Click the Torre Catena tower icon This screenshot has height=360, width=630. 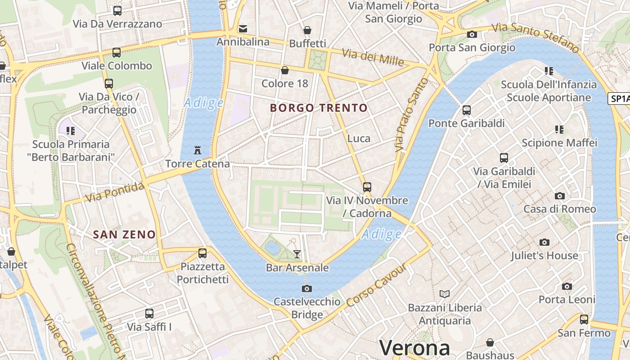[x=197, y=150]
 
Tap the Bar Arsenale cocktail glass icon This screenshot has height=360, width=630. [x=297, y=254]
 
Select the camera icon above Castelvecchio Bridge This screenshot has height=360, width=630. [x=307, y=288]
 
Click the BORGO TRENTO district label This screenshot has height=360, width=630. [x=319, y=108]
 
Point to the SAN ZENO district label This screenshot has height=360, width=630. [x=124, y=234]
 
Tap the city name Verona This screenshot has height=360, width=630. [x=414, y=348]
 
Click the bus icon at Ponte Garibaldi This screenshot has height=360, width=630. [x=466, y=110]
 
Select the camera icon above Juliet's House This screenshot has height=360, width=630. [x=544, y=243]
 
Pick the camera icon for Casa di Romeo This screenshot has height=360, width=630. [x=559, y=196]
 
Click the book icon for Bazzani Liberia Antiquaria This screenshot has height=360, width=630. [x=444, y=294]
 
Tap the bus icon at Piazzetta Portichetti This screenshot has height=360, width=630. [x=202, y=253]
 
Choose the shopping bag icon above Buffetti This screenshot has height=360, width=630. [x=307, y=30]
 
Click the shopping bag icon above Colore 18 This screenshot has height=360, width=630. [x=284, y=70]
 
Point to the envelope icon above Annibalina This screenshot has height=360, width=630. [x=243, y=29]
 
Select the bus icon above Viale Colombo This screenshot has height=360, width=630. [x=117, y=53]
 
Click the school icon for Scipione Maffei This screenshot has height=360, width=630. [x=559, y=130]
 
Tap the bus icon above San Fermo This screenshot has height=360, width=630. [x=584, y=319]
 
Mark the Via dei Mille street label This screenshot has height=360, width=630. [x=373, y=57]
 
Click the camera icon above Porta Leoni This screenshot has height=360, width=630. [x=567, y=286]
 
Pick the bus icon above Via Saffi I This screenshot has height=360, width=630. [x=149, y=313]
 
